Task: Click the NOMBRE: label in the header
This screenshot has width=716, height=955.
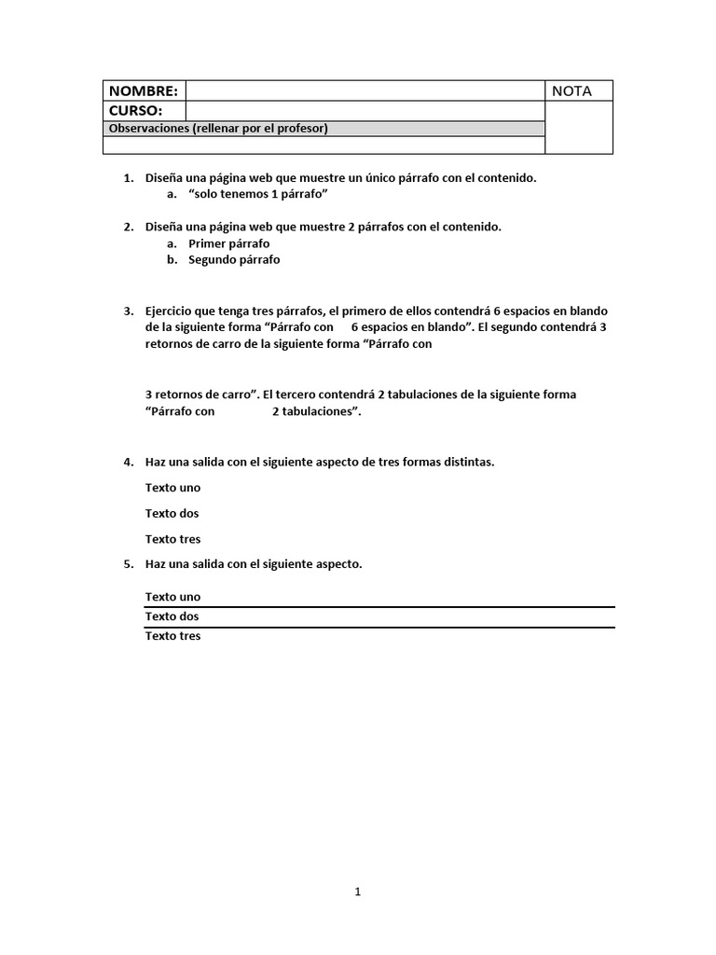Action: [x=143, y=90]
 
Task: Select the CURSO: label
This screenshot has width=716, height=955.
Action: [x=136, y=111]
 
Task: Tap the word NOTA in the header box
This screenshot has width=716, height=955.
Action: [x=571, y=90]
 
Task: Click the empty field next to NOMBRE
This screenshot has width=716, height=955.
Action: [x=365, y=90]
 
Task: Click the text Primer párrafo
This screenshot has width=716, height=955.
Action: [x=228, y=243]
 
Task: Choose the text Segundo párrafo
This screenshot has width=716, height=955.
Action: [x=234, y=260]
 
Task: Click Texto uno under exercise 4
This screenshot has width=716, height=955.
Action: [x=172, y=488]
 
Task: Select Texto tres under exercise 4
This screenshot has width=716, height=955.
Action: [x=172, y=539]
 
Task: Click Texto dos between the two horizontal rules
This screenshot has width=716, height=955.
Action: [x=172, y=616]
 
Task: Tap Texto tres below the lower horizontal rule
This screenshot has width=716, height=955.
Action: [x=172, y=636]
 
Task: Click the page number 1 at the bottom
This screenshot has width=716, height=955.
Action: [x=358, y=893]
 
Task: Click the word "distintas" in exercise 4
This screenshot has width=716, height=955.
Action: [x=468, y=463]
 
